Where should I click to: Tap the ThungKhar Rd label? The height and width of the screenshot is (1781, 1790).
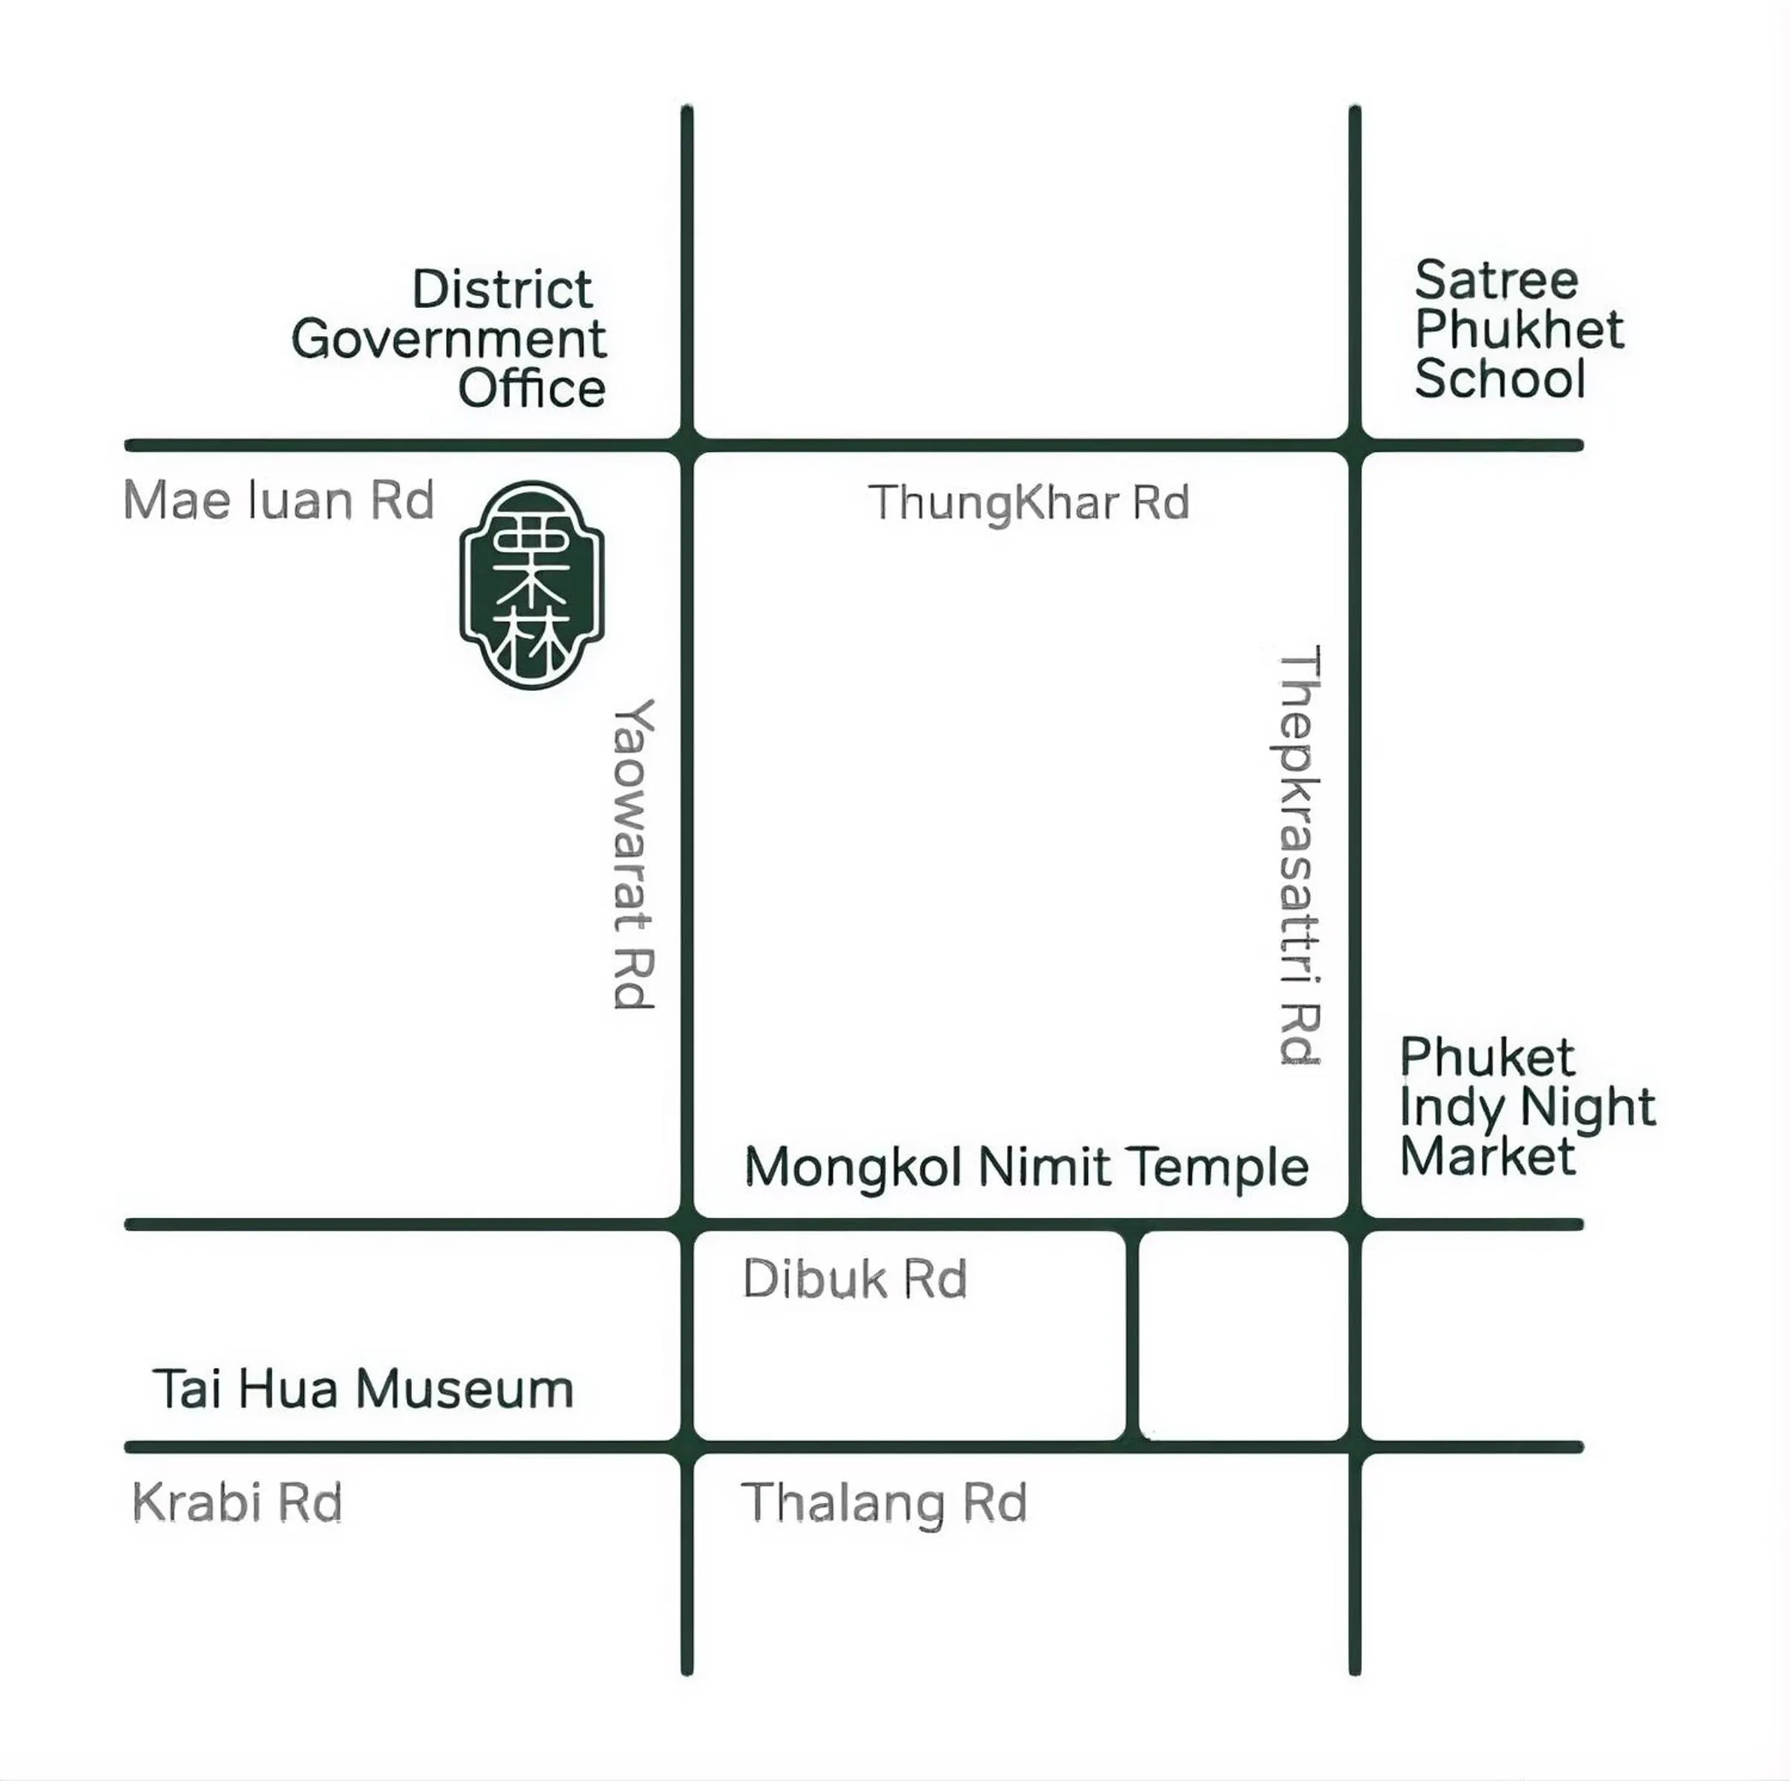1028,503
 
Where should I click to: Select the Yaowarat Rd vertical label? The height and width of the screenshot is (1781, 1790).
635,854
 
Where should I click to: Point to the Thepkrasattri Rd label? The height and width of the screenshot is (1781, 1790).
1299,856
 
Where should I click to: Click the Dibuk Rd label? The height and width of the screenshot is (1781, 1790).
855,1279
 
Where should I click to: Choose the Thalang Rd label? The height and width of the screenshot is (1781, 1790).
884,1502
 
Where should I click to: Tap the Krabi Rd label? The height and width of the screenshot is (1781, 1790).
237,1501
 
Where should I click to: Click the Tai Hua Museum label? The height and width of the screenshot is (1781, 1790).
363,1389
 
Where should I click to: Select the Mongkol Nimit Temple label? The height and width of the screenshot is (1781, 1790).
1027,1166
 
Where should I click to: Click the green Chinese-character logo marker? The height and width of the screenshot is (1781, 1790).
532,585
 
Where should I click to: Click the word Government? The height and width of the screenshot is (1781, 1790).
449,339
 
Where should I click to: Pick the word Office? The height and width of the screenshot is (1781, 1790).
532,388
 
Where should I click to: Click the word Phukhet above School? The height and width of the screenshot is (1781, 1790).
1520,329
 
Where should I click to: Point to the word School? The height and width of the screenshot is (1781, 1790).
1500,378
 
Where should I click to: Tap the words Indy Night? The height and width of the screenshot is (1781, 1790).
1527,1106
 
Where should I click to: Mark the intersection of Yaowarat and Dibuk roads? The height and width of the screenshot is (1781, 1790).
687,1224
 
